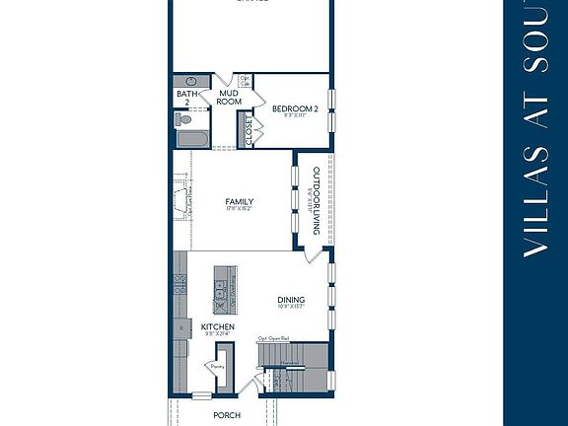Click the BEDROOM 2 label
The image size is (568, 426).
point(295,108)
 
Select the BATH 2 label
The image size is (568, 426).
point(182,98)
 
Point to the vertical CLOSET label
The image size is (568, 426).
point(248,132)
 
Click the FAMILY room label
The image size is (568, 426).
point(240,201)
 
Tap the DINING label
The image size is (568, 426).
point(290,301)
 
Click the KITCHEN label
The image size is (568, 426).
point(217,326)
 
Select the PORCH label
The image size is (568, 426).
point(227,415)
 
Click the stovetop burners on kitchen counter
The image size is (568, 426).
point(180,285)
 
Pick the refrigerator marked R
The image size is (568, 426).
point(180,326)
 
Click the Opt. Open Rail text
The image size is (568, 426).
point(274,338)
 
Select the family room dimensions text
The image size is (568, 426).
point(240,209)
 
